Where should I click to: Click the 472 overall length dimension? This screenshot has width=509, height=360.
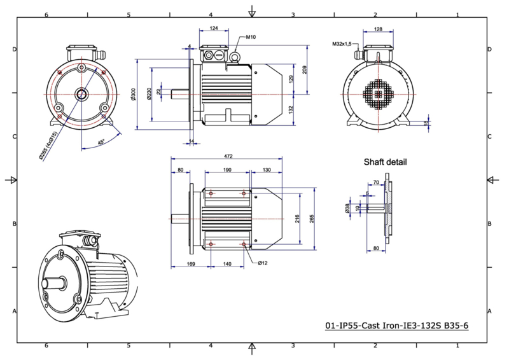point(228,156)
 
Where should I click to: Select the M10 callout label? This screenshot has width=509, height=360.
point(251,37)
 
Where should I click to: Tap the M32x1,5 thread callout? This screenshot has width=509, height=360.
point(342,44)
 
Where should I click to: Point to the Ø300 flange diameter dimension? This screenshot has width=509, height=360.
point(133,94)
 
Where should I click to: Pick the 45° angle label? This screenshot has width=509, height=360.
point(101,142)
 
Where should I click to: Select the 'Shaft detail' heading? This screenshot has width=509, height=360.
point(385,162)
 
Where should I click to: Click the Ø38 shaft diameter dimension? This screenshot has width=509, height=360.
point(347,208)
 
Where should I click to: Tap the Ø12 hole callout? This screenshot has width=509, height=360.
point(263,263)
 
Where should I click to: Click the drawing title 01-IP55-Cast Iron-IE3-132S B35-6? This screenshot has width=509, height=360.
point(396,325)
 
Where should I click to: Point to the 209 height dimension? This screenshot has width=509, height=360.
point(305,70)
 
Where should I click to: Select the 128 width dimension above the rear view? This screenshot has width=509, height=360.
point(378,29)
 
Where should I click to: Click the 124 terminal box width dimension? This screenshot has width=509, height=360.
point(214,28)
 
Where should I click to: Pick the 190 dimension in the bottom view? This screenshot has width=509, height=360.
point(227,170)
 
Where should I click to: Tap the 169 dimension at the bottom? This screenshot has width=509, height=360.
point(191,264)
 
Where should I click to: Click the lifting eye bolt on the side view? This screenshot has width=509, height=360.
point(234,58)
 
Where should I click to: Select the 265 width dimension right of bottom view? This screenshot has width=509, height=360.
point(312,219)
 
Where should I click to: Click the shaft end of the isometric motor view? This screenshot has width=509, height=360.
point(45,284)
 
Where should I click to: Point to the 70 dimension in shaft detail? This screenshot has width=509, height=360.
point(376,183)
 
